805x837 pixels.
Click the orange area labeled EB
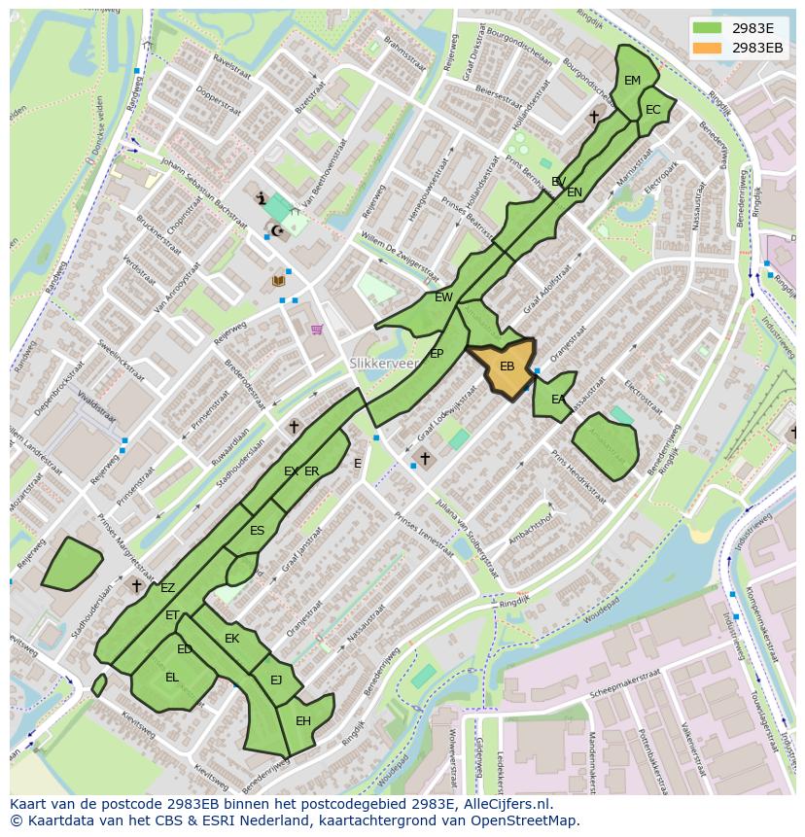(x=506, y=366)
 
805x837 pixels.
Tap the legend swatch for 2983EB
(x=707, y=48)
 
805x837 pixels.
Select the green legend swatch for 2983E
(x=707, y=27)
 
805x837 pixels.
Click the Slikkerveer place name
(x=383, y=363)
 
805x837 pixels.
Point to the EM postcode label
(x=633, y=81)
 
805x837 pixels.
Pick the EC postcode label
(x=653, y=110)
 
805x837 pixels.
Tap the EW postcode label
(x=443, y=297)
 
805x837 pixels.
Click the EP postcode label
(x=437, y=354)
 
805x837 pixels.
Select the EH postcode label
(x=303, y=721)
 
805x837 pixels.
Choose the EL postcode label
(x=172, y=678)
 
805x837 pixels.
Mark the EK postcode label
(x=231, y=639)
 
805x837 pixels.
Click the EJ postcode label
(x=276, y=680)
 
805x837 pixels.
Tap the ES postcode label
(x=257, y=531)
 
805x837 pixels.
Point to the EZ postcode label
(x=168, y=588)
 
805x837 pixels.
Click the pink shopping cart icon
(x=317, y=330)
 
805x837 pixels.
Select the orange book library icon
(x=279, y=280)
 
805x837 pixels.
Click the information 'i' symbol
(x=261, y=198)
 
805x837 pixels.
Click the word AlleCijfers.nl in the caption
(x=505, y=805)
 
